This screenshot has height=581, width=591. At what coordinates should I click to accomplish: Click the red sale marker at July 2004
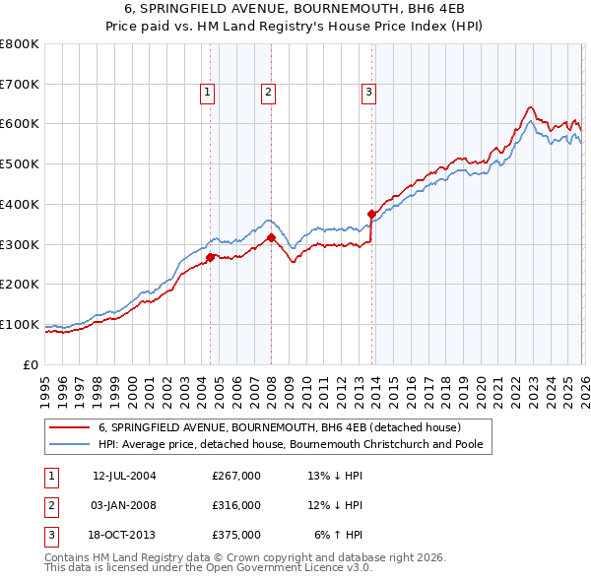pos(210,257)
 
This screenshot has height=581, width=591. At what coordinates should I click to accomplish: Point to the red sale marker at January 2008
pos(271,237)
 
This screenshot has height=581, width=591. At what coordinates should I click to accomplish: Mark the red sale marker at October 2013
pos(371,214)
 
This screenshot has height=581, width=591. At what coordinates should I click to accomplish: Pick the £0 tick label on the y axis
pos(32,364)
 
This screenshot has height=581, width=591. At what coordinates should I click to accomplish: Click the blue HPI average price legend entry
pos(295,444)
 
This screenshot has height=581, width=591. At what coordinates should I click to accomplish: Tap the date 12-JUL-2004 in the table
pos(124,476)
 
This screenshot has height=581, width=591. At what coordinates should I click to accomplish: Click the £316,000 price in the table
pos(236,505)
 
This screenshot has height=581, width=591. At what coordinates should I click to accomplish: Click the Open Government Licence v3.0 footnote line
pos(208,568)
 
